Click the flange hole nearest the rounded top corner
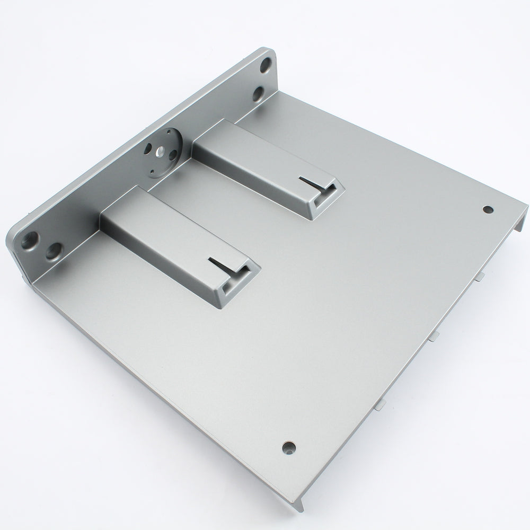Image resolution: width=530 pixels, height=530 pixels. [x=266, y=68]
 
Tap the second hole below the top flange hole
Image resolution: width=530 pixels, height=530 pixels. [x=258, y=94]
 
